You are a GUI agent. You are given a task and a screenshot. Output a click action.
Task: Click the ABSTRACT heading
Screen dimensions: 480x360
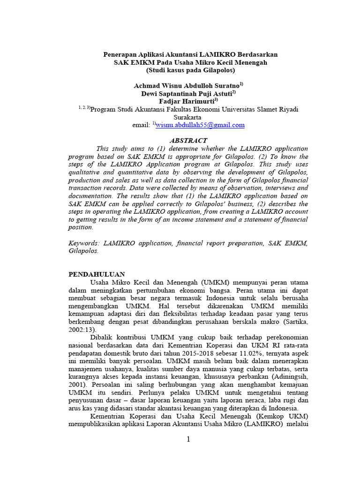187,140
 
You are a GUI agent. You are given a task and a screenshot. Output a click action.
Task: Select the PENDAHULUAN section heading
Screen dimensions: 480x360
97,275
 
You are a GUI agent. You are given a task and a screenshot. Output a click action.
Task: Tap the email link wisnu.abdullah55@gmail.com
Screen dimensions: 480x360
200,125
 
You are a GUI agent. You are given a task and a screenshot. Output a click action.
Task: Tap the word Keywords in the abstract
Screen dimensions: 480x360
83,243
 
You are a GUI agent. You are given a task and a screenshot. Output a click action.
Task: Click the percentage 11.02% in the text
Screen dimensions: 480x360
249,353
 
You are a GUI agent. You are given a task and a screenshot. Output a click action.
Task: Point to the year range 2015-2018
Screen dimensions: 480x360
204,353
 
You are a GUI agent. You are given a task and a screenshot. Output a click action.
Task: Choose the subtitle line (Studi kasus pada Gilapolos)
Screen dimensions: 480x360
190,70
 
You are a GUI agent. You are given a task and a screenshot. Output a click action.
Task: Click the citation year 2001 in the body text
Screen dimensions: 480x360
78,384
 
